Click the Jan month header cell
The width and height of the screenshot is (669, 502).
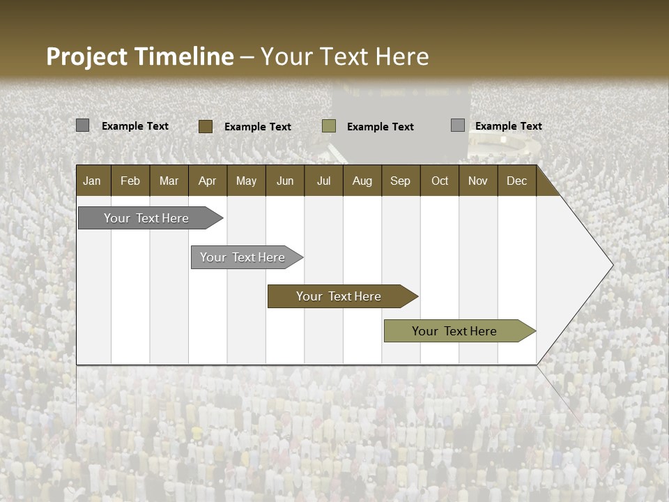click(92, 181)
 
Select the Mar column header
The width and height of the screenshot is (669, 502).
click(169, 181)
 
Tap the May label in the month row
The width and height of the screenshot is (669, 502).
click(246, 181)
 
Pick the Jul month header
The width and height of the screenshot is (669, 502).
click(323, 181)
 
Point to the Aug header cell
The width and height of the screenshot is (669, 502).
click(362, 181)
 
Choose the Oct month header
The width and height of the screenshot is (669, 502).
click(439, 181)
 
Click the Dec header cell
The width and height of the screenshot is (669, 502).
click(516, 181)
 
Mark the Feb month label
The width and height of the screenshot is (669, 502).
click(130, 181)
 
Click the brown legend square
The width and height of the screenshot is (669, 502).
click(205, 126)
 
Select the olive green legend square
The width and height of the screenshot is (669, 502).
click(329, 126)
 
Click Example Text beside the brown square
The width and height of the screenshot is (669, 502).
click(258, 127)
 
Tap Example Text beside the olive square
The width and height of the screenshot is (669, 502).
click(380, 127)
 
